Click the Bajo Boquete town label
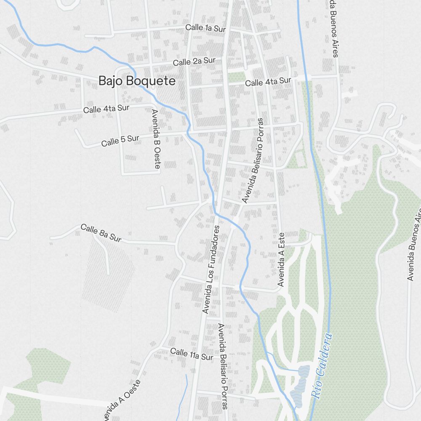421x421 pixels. [x=137, y=81]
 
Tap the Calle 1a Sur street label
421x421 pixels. [x=205, y=28]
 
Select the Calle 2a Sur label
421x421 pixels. [x=194, y=61]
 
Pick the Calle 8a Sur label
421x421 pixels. [x=101, y=233]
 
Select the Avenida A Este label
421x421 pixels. [x=281, y=260]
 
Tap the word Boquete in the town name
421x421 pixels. [x=155, y=81]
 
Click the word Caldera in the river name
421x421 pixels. [x=325, y=354]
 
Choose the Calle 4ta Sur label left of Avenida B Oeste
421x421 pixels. [x=106, y=109]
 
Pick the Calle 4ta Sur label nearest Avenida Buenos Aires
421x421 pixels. [x=268, y=81]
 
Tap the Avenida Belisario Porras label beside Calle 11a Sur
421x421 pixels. [x=222, y=366]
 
